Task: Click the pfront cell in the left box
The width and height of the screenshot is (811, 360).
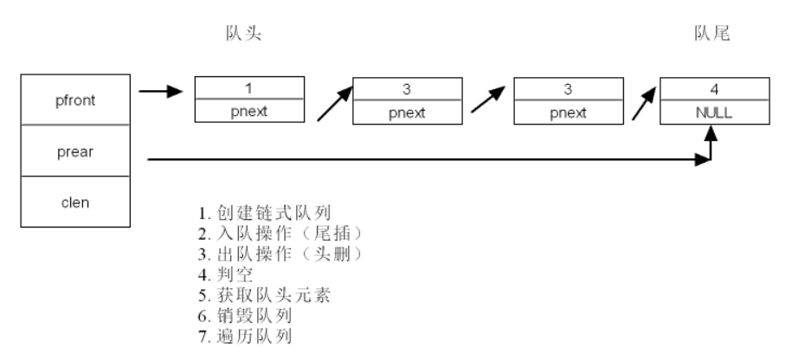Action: [x=75, y=100]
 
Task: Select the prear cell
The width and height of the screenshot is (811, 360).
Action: [x=75, y=151]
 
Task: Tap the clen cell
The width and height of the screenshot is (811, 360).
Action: [x=75, y=202]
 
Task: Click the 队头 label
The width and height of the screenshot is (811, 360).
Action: [x=242, y=34]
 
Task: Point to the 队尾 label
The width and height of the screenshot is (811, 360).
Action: [x=712, y=34]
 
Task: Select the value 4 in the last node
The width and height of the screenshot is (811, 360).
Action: [x=714, y=88]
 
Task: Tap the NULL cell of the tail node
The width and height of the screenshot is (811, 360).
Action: [x=714, y=112]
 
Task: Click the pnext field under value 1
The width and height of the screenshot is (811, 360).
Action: [x=249, y=112]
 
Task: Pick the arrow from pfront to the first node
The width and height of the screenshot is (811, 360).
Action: [x=161, y=91]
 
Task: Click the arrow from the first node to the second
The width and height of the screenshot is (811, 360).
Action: [x=333, y=101]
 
